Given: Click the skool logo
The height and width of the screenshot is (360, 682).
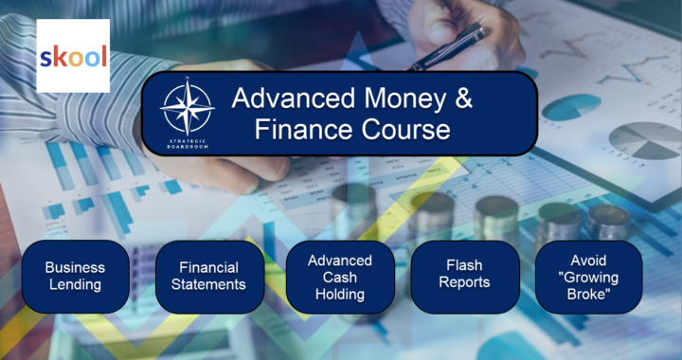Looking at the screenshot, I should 73,57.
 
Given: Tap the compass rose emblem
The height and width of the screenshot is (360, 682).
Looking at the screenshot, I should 187,107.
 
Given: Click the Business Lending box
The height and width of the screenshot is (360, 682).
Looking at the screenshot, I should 75,276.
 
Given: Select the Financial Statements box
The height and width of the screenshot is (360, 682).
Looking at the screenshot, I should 209,276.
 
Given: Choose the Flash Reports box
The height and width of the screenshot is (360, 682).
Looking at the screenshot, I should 465,275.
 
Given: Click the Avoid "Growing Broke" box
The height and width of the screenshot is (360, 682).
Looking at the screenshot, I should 589,276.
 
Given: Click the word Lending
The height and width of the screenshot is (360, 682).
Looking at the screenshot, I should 75,284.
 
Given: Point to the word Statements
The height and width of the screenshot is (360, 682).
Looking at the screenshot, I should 209,284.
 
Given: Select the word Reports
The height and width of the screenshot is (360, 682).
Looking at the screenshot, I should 465,283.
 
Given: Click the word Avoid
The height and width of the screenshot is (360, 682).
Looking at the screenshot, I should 589,259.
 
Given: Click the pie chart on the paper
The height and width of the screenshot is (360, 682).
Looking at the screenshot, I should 644,140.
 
